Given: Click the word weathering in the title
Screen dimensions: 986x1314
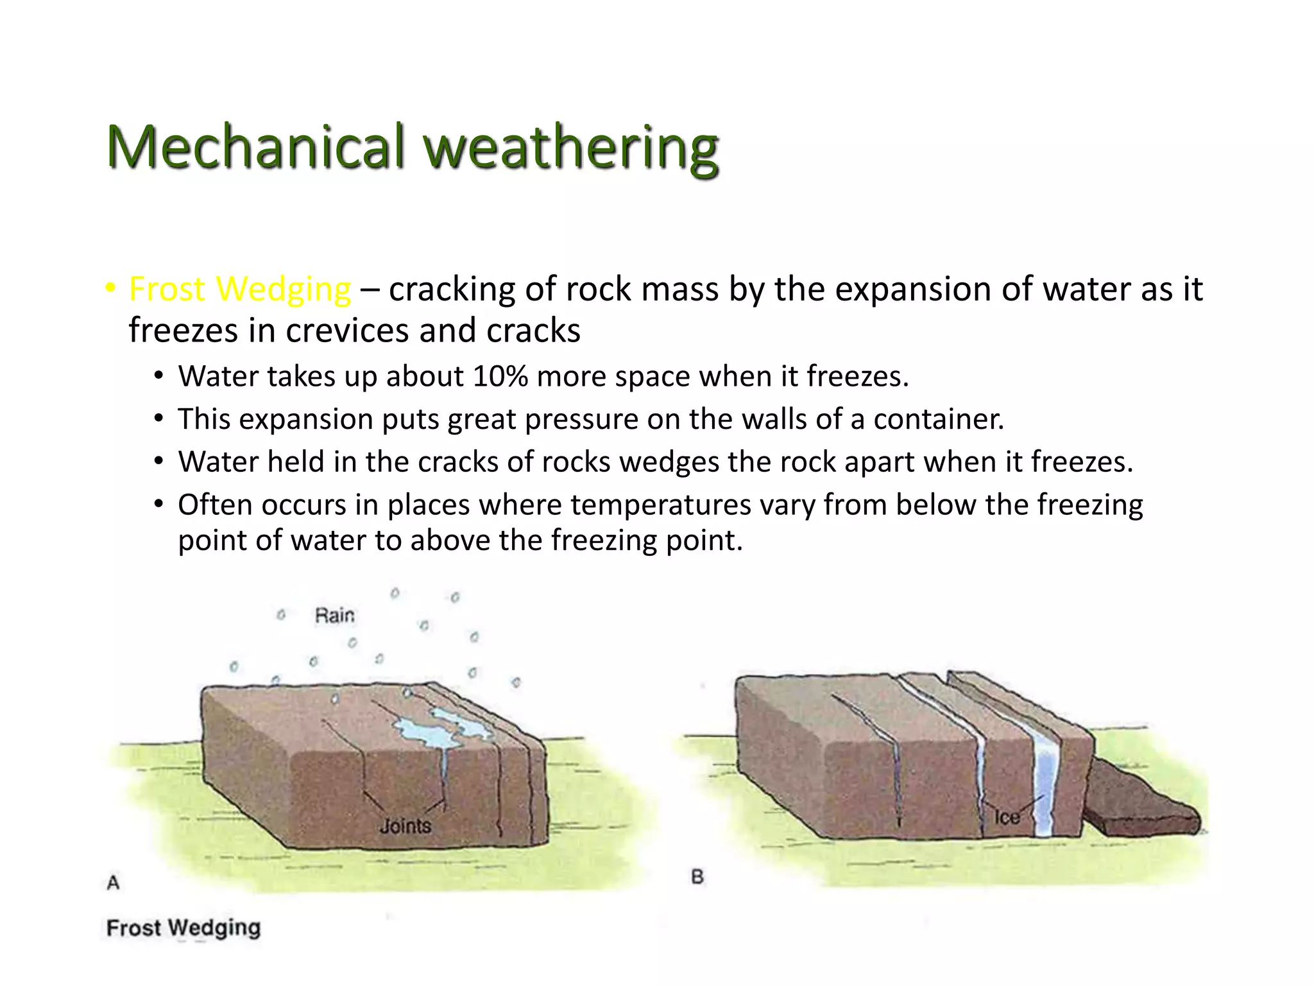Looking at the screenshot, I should pyautogui.click(x=571, y=149).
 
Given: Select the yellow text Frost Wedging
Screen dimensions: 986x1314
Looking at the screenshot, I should pyautogui.click(x=240, y=290).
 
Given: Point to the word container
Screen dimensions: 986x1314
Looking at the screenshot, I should pyautogui.click(x=939, y=420).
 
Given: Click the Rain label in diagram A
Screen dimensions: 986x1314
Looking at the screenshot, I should pyautogui.click(x=334, y=616).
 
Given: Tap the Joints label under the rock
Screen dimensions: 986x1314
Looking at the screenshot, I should pyautogui.click(x=405, y=826).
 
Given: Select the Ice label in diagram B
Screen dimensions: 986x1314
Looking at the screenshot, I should pyautogui.click(x=1007, y=817).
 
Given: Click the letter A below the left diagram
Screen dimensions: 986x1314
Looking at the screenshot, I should pyautogui.click(x=114, y=883).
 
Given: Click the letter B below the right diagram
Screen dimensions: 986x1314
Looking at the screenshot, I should pyautogui.click(x=697, y=877).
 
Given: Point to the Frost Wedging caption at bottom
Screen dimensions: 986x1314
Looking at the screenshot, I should pyautogui.click(x=183, y=928).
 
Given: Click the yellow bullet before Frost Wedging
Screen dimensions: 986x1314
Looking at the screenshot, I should pyautogui.click(x=110, y=288).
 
